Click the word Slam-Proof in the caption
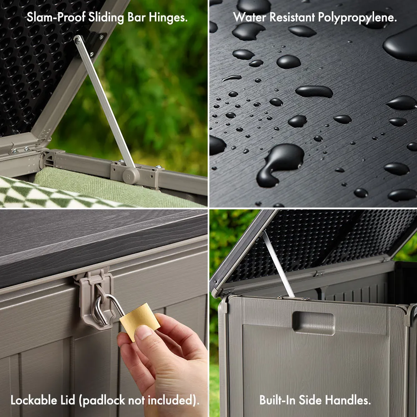(x=56, y=18)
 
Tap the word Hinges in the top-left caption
(x=168, y=18)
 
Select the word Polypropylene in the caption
(x=357, y=18)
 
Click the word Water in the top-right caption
(x=249, y=17)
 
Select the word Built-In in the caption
(x=277, y=400)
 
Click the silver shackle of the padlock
(x=106, y=309)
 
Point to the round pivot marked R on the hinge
(x=131, y=176)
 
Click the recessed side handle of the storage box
(x=313, y=323)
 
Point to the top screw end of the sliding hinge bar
(x=78, y=40)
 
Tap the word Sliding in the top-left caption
(x=106, y=18)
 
